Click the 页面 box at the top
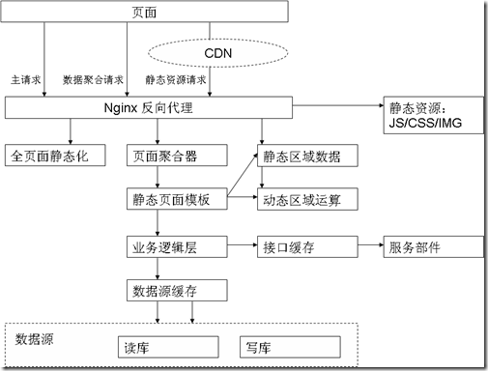[144, 12]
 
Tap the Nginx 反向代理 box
[149, 107]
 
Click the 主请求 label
[26, 80]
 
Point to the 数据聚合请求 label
[93, 80]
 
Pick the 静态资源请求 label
[176, 80]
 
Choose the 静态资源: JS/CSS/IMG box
[433, 115]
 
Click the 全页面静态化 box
[55, 156]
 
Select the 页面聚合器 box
[177, 156]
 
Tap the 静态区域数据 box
[307, 156]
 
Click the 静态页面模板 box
[177, 199]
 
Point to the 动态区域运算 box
[307, 199]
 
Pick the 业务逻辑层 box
[177, 246]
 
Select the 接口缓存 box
[307, 246]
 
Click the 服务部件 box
[433, 246]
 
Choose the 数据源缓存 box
[177, 291]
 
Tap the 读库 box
[168, 347]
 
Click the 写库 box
[290, 347]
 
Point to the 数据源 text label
[34, 339]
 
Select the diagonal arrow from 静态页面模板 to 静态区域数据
[243, 175]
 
